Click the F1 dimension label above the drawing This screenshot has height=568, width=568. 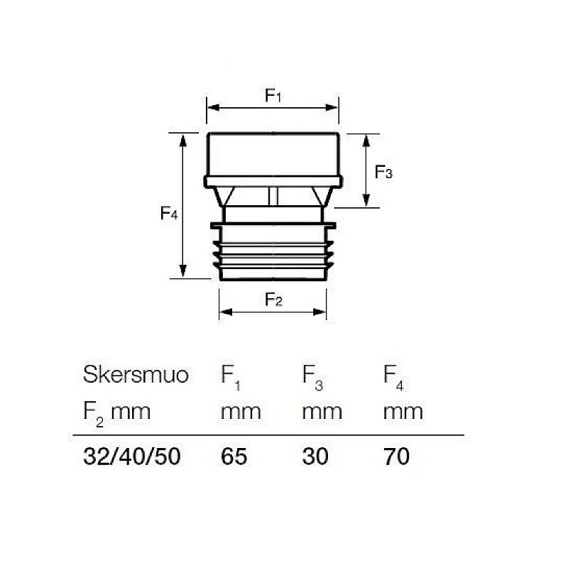(274, 96)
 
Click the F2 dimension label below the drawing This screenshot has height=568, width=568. (274, 300)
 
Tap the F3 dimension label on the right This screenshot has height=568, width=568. (383, 172)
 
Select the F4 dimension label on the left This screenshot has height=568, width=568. (168, 212)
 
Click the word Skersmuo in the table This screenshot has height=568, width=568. (136, 374)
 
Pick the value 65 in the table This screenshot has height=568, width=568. (234, 457)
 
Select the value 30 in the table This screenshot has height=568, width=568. (315, 457)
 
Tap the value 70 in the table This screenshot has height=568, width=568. (396, 457)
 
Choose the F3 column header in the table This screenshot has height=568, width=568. (312, 376)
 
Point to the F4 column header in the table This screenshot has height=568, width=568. (393, 376)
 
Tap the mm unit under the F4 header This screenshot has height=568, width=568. (403, 411)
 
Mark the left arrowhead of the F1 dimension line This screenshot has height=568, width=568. (211, 108)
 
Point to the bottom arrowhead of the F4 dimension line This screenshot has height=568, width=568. (183, 273)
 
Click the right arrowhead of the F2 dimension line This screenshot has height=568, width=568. (322, 310)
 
